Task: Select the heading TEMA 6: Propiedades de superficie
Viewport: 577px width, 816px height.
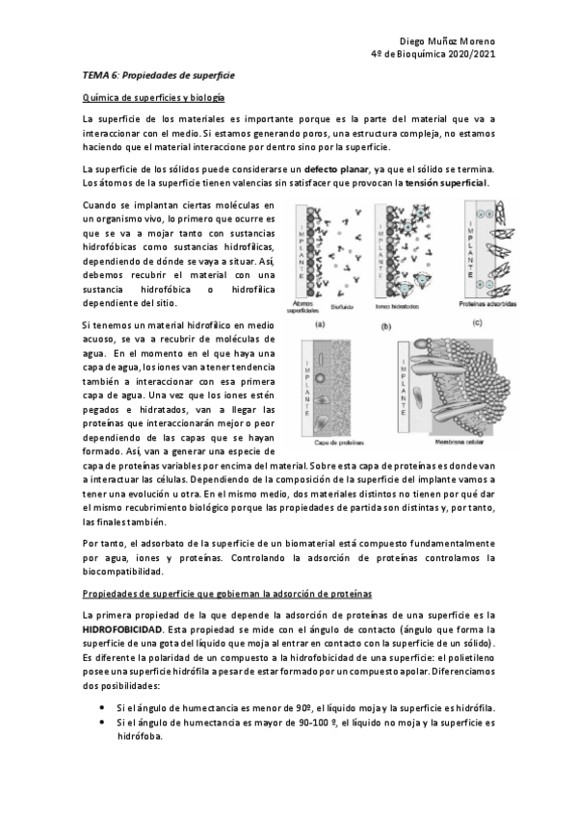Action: (x=158, y=74)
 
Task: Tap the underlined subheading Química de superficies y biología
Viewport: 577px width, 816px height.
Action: (x=153, y=97)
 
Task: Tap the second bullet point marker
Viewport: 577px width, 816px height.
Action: (x=102, y=722)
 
